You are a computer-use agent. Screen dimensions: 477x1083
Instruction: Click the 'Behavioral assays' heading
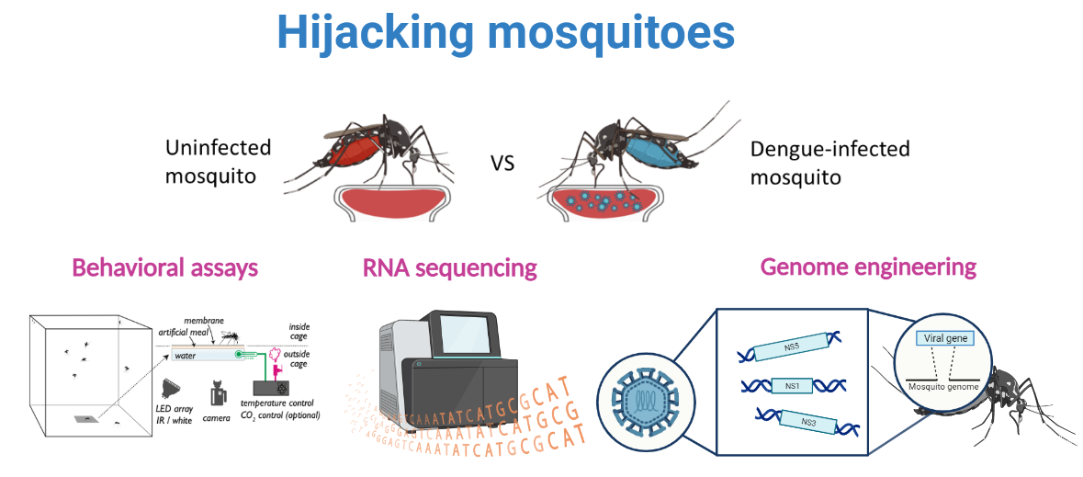(x=164, y=267)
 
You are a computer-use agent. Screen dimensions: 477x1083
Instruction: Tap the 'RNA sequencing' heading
(x=449, y=267)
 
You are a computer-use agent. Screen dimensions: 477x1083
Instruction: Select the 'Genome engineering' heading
(x=868, y=267)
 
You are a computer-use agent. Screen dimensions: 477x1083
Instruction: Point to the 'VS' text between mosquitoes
(x=502, y=165)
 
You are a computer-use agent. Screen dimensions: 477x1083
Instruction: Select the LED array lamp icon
(x=171, y=385)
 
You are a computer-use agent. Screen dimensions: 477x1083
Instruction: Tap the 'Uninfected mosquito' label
(x=218, y=161)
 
